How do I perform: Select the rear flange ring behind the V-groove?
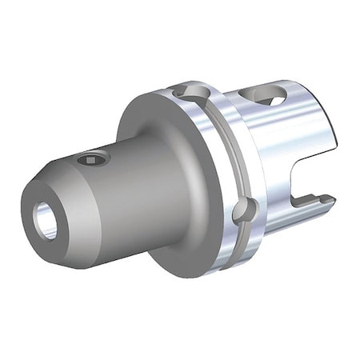click(236, 168)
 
